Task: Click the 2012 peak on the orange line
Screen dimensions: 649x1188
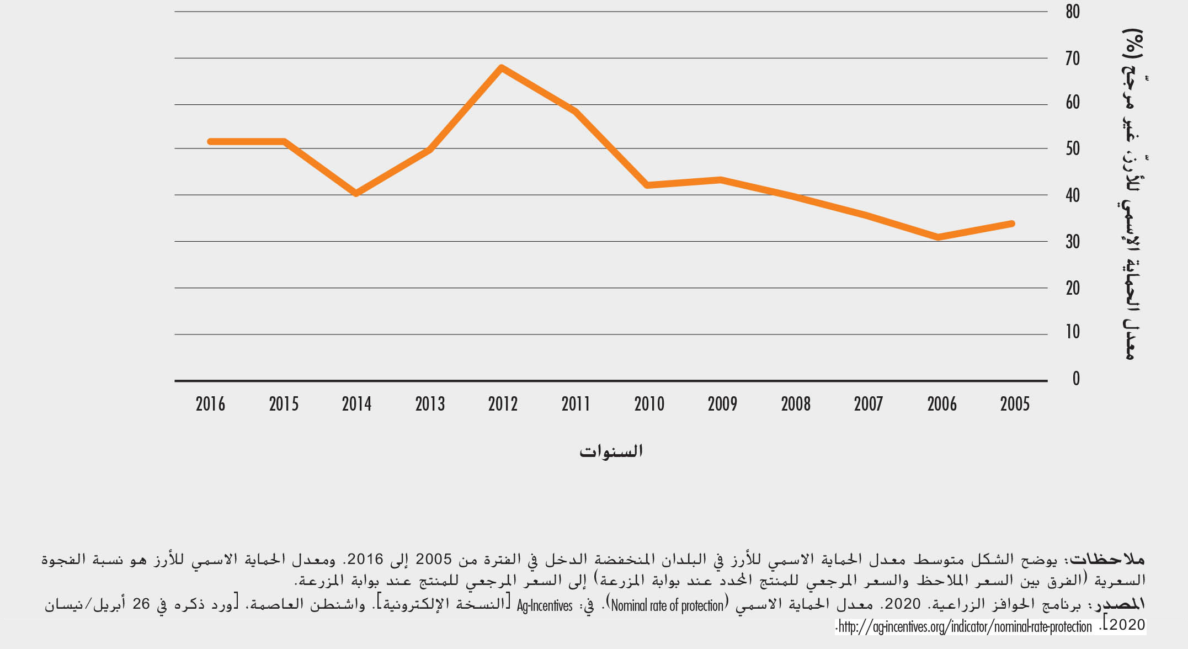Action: pos(501,68)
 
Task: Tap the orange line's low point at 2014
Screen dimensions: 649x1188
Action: pos(356,193)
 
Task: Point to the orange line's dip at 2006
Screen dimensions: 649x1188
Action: pos(938,237)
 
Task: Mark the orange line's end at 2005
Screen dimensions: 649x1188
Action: pos(1012,224)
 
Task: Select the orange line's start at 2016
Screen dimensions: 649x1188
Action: pos(210,142)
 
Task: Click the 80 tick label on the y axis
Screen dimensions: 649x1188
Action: pos(1073,12)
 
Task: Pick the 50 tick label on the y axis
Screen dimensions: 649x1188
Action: pos(1073,148)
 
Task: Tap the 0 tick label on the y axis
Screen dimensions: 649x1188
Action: pos(1076,379)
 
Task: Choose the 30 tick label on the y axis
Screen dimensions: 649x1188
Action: pos(1073,242)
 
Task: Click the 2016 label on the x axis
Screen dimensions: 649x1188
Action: pos(210,405)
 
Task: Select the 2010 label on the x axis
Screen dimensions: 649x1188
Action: pos(649,405)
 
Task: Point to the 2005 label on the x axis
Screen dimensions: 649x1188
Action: pos(1015,405)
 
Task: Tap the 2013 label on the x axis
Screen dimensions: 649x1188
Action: pos(430,405)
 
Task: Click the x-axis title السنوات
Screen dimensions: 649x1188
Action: pos(611,451)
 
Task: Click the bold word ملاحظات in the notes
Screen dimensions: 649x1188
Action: pos(1107,559)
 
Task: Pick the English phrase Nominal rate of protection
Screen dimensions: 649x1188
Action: pos(667,605)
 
